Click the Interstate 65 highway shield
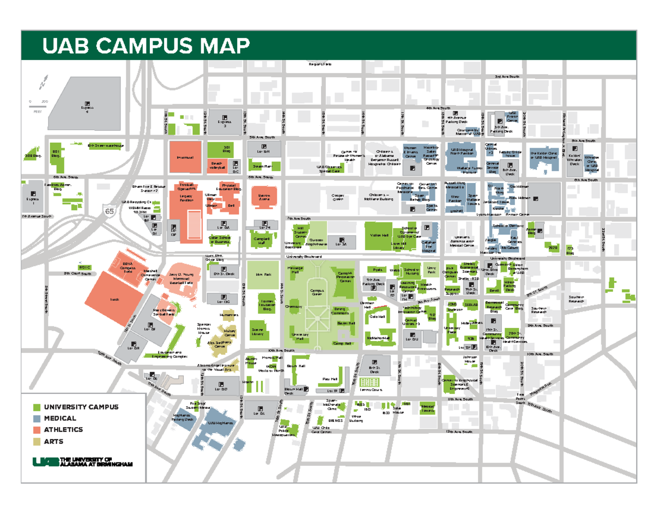(111, 209)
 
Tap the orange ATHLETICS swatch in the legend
(37, 430)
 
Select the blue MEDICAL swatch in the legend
(37, 418)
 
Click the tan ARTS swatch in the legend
(37, 441)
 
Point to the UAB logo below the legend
(82, 461)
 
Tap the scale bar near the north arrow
(38, 106)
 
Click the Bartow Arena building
(264, 197)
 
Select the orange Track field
(114, 299)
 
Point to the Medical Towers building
(427, 407)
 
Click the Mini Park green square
(260, 275)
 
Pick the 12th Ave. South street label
(457, 432)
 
